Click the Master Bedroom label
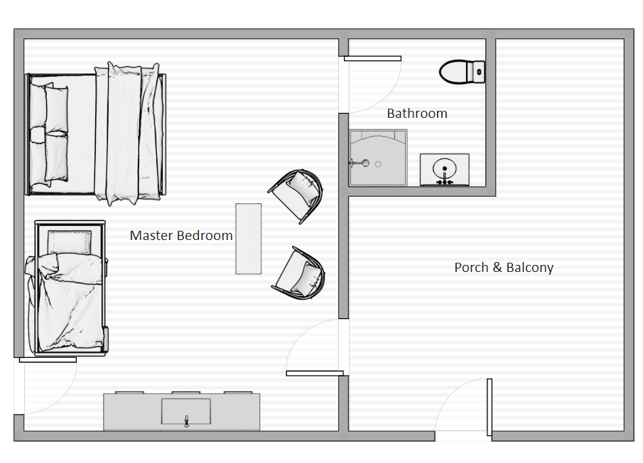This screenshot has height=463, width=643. (181, 236)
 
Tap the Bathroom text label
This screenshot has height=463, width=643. (417, 114)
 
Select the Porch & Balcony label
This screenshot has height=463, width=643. (504, 268)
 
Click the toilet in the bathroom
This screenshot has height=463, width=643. (462, 72)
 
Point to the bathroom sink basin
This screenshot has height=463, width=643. (445, 168)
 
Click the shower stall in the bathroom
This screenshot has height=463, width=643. (378, 158)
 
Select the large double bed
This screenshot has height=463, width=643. (95, 134)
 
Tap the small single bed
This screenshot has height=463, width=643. (67, 288)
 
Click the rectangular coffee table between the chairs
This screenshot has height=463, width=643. (249, 239)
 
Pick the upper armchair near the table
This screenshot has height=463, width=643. (296, 195)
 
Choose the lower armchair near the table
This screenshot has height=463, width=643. (299, 273)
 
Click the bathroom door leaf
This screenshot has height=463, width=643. (372, 59)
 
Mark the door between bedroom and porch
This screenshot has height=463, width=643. (315, 374)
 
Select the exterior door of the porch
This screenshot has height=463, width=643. (490, 408)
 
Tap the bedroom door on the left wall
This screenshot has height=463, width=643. (48, 360)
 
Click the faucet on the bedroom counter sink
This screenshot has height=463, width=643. (187, 421)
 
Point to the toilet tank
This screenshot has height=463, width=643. (479, 72)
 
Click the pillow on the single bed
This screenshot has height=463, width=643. (70, 242)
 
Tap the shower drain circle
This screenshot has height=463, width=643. (378, 164)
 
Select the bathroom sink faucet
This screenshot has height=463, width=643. (445, 178)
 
